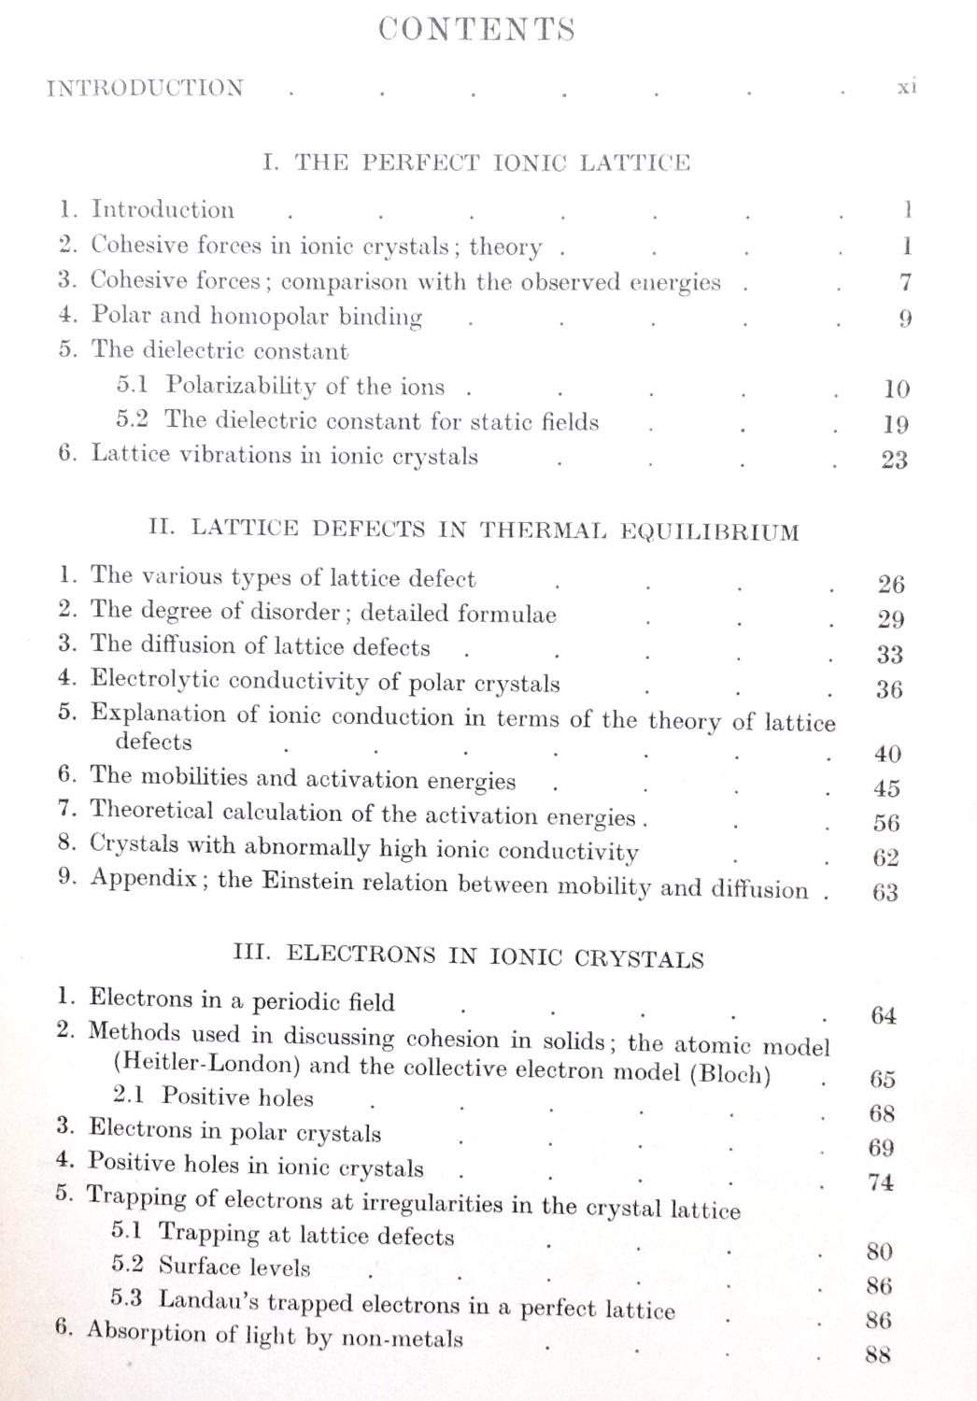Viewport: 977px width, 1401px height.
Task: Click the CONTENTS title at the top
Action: tap(476, 30)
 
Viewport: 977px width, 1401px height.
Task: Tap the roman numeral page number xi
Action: tap(905, 87)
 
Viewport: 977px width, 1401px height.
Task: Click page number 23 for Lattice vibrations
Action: tap(894, 460)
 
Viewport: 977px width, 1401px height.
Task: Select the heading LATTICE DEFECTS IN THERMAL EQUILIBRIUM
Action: tap(474, 531)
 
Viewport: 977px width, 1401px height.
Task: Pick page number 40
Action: tap(888, 754)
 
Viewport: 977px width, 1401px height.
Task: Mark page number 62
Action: tap(886, 857)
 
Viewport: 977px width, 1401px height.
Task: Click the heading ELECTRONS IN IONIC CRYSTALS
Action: tap(468, 956)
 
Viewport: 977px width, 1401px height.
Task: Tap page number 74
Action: tap(880, 1183)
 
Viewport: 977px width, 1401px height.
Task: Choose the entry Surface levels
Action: tap(234, 1267)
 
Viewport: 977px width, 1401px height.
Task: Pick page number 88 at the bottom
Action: tap(877, 1354)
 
